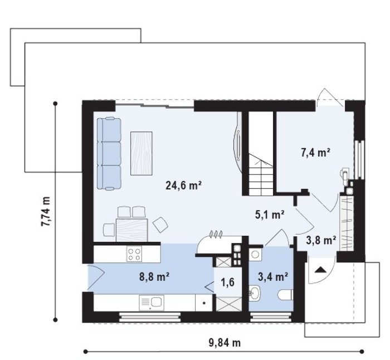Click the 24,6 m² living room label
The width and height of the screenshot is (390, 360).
pos(183,186)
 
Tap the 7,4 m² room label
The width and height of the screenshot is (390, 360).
pos(316,152)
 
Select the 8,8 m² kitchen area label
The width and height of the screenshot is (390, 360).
pos(154,276)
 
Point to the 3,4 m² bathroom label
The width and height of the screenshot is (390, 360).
pos(273,276)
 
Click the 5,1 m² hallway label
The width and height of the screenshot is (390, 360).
pos(270,215)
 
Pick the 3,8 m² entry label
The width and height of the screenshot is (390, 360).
pos(321,241)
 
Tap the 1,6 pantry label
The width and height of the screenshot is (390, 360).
pos(227,282)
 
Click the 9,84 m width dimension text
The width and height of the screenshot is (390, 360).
pos(225,343)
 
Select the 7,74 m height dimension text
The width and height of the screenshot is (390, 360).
pos(46,211)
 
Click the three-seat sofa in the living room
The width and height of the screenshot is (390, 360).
pos(109,154)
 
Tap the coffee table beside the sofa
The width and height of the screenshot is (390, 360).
pos(142,153)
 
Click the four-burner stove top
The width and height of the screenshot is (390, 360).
pos(134,254)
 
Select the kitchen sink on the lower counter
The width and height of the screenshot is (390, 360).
pos(151,303)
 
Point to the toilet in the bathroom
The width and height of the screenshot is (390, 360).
pos(285,295)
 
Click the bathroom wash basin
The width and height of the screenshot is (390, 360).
pos(255,293)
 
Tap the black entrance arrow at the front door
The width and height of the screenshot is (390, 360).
pos(320,270)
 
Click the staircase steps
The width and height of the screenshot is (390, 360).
pos(261,174)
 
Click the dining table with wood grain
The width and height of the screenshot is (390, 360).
pos(132,230)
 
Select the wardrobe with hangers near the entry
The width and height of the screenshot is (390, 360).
pos(347,223)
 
